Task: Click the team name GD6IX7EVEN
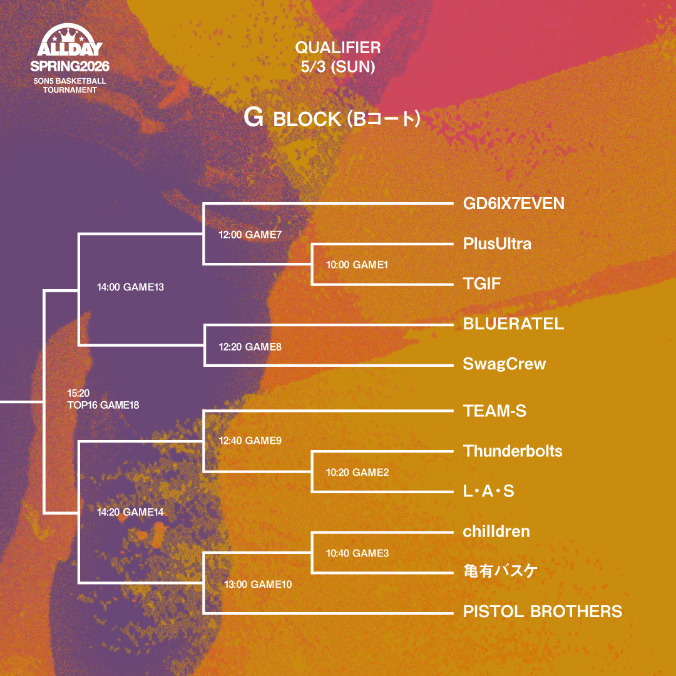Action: click(513, 203)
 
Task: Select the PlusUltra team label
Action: click(497, 243)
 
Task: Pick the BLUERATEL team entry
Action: click(513, 324)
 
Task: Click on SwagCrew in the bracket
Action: click(504, 364)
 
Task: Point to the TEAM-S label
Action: click(494, 411)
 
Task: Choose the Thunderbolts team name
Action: click(513, 451)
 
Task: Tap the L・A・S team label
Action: click(488, 491)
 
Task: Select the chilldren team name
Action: click(496, 531)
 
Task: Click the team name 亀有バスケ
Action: click(500, 571)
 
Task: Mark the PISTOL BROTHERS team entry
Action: click(543, 612)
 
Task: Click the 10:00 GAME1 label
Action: click(357, 265)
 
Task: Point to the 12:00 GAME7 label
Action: click(250, 235)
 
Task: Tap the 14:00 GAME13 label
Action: click(130, 287)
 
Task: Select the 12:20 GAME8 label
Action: click(250, 346)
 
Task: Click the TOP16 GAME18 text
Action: click(103, 405)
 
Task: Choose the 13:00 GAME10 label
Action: click(258, 584)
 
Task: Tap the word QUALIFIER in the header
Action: click(338, 48)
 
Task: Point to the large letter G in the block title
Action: click(253, 118)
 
